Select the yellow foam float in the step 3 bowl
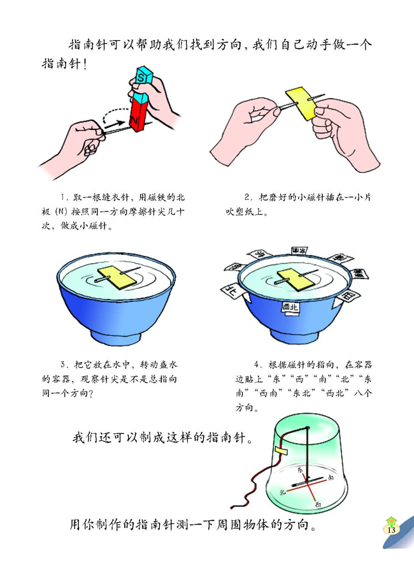pos(118,277)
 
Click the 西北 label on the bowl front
pos(290,307)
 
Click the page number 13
pos(390,530)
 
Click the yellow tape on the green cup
pos(280,451)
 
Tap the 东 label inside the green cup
pos(300,469)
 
